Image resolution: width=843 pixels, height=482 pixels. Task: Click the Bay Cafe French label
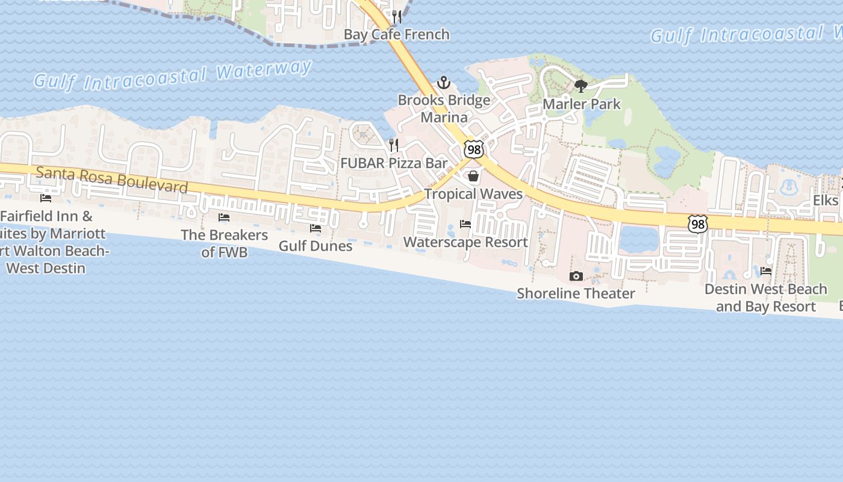tap(396, 34)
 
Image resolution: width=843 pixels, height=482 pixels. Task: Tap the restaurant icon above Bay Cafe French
tap(396, 16)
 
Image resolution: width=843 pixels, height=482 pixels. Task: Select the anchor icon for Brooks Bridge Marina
tap(444, 83)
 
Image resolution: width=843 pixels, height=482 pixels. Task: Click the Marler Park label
tap(581, 104)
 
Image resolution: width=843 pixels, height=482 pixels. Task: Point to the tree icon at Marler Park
tap(581, 86)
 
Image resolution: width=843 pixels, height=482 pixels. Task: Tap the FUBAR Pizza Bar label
tap(394, 163)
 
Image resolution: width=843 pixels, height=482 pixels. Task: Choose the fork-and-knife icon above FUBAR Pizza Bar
tap(394, 145)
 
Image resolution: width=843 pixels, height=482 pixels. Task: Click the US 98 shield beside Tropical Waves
tap(474, 149)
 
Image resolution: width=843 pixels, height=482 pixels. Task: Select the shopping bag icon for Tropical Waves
tap(473, 176)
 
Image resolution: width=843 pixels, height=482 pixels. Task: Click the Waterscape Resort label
tap(465, 242)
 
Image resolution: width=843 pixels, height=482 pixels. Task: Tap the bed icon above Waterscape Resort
tap(465, 224)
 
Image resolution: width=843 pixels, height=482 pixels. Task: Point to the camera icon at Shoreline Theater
tap(576, 276)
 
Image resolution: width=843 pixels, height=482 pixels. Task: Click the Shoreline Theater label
tap(576, 293)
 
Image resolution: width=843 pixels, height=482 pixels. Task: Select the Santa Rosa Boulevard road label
tap(112, 180)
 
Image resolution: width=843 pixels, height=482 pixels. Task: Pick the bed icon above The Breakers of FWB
tap(224, 217)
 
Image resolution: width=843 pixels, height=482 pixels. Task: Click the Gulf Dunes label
tap(316, 246)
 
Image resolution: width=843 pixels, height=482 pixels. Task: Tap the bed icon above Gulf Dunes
tap(316, 228)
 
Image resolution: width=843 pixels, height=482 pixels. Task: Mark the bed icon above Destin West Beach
tap(766, 271)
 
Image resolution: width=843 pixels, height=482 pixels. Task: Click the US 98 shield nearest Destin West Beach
tap(698, 224)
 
